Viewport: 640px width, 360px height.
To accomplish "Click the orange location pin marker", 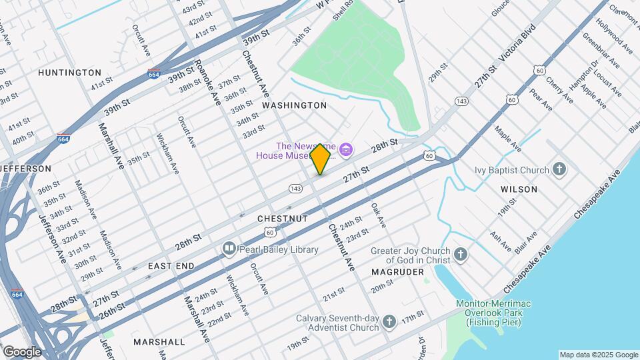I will pyautogui.click(x=321, y=159).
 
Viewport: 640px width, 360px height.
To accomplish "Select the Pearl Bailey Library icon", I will pyautogui.click(x=229, y=249).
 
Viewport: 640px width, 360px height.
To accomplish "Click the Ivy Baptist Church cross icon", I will pyautogui.click(x=559, y=169).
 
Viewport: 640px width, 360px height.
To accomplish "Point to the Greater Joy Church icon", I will pyautogui.click(x=460, y=254).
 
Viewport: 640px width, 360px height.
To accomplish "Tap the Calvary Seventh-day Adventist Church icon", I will pyautogui.click(x=390, y=323).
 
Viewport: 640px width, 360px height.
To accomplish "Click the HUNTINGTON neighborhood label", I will pyautogui.click(x=69, y=72).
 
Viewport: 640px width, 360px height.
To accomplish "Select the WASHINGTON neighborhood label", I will pyautogui.click(x=294, y=105).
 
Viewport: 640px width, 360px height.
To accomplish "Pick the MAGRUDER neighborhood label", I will pyautogui.click(x=398, y=272).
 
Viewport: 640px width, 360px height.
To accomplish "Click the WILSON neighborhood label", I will pyautogui.click(x=519, y=189).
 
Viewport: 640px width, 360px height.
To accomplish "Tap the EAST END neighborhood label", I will pyautogui.click(x=171, y=265).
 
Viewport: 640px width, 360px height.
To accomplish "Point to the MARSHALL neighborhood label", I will pyautogui.click(x=159, y=341).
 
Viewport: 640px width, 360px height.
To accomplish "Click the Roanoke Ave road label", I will pyautogui.click(x=207, y=81).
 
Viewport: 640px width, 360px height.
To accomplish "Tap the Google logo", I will pyautogui.click(x=21, y=351).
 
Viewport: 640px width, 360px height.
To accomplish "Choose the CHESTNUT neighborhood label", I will pyautogui.click(x=283, y=219).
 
